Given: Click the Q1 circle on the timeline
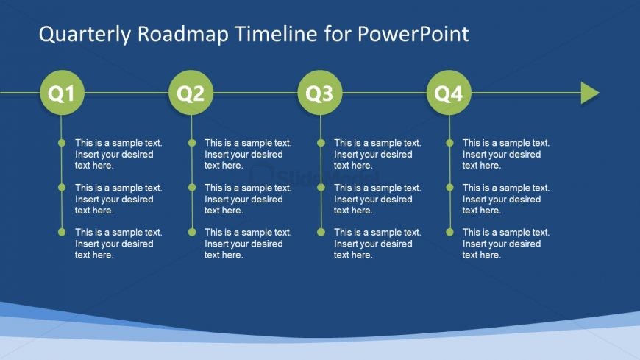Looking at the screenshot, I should tap(62, 93).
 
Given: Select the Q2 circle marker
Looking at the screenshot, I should tap(191, 93).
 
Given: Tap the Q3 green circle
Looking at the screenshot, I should tap(320, 93).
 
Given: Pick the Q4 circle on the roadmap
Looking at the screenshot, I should tap(449, 93).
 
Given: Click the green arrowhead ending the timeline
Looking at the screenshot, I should tap(589, 93).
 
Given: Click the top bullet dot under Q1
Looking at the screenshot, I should tap(62, 143).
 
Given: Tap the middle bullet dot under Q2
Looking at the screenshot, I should tap(191, 187).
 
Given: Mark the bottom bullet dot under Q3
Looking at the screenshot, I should tap(320, 232).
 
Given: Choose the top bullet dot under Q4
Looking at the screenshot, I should tap(449, 143).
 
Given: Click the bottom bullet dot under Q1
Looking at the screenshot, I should tap(62, 232).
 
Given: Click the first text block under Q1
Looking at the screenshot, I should tap(118, 155).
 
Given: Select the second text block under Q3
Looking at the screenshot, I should tap(377, 199).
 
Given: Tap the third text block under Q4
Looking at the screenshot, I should tap(505, 244).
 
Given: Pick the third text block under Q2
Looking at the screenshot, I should tap(247, 244).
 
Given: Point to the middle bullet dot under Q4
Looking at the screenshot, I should tap(449, 187).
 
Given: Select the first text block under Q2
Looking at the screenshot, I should tap(247, 155).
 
